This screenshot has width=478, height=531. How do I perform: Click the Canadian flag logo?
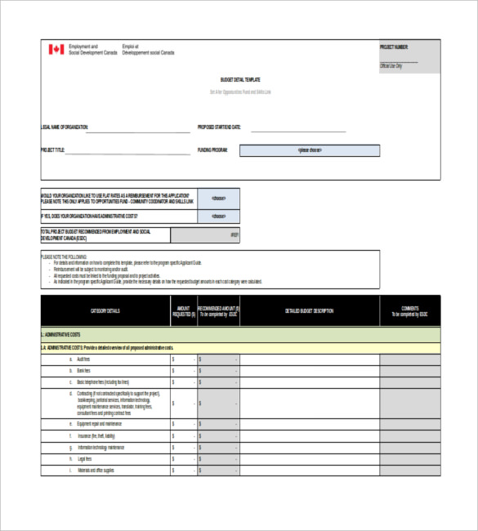point(56,50)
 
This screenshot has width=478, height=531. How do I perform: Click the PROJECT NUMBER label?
point(394,47)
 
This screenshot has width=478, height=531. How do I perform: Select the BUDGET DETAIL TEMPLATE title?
point(240,80)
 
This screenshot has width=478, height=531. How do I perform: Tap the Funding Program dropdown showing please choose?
point(310,150)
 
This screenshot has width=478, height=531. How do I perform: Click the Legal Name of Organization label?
point(65,127)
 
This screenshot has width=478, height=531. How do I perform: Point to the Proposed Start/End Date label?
point(220,127)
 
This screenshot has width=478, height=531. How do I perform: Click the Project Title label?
point(52,150)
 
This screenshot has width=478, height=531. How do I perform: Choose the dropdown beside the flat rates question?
point(219,199)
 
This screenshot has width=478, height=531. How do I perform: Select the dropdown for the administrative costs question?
point(219,216)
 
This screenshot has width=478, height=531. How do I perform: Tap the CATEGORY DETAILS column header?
point(105,311)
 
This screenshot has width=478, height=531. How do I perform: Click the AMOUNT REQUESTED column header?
point(183,311)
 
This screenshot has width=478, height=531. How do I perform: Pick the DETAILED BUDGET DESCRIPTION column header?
point(309,311)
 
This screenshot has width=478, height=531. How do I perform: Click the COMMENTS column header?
point(409,311)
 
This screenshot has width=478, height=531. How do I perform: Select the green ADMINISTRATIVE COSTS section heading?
point(61,335)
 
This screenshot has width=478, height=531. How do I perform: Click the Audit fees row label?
point(83,359)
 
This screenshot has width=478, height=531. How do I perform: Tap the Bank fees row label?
point(83,371)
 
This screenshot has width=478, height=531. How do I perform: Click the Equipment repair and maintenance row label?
point(99,424)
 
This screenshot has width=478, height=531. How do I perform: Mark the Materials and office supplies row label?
point(96,471)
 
